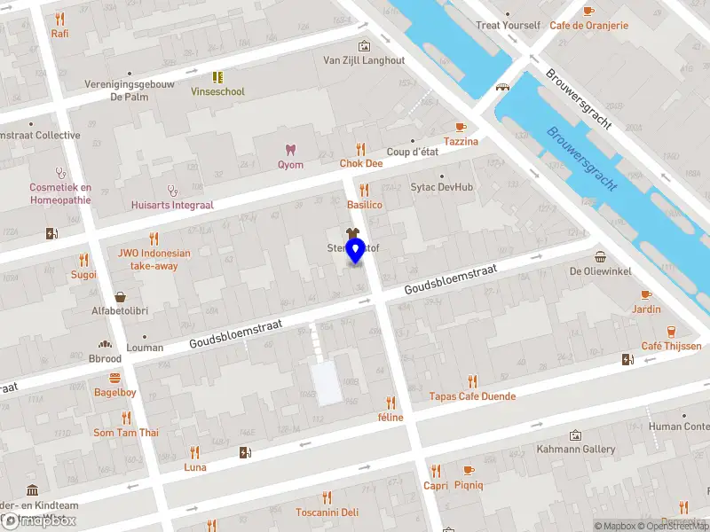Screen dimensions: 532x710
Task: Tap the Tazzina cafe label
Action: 461,142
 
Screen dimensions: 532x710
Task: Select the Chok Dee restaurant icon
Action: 360,149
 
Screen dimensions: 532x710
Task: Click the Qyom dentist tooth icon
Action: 289,150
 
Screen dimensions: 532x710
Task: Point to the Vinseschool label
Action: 217,91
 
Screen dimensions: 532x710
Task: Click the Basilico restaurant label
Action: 364,205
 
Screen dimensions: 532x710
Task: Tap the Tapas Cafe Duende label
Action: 472,396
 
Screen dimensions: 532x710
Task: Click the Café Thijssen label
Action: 671,346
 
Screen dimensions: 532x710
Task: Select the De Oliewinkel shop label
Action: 599,271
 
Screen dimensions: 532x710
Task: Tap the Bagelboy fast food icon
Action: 115,377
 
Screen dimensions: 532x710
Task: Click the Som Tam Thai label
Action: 126,433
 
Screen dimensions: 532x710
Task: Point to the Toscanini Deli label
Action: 327,512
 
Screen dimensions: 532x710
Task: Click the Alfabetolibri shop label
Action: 119,311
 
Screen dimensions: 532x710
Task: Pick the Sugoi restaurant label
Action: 83,275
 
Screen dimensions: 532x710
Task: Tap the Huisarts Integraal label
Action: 172,205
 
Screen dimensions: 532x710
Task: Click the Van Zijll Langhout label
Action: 363,60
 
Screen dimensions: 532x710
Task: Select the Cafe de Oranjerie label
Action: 588,25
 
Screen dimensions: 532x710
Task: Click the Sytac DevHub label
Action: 441,187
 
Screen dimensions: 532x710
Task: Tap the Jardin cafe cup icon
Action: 646,294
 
